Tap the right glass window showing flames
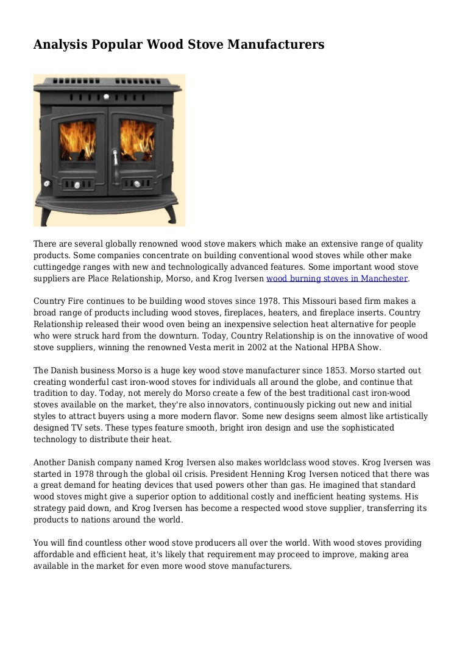point(138,142)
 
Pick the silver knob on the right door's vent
point(138,183)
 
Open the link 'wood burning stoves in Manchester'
point(337,278)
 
